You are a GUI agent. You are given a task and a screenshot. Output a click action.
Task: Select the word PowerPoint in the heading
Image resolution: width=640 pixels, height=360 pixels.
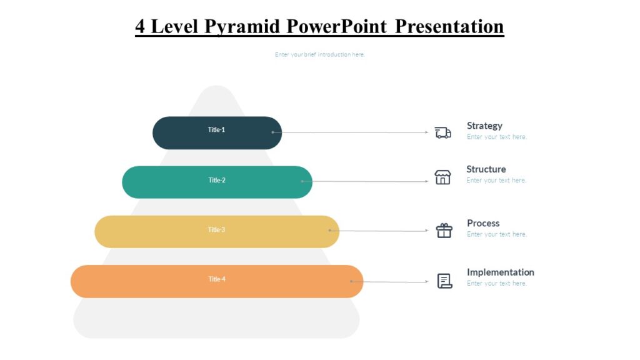coord(337,26)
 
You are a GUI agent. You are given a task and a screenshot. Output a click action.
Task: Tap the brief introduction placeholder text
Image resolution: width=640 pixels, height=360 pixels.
coord(319,54)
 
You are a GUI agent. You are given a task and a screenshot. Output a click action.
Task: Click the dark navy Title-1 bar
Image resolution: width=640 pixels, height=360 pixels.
coord(217,132)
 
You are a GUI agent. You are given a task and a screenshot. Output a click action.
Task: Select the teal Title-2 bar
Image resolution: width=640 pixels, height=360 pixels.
coord(217,182)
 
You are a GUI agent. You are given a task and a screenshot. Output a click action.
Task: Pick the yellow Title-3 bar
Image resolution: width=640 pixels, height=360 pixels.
coord(217,231)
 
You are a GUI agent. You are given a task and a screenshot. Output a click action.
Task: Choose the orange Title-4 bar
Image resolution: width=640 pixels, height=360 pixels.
coord(217,281)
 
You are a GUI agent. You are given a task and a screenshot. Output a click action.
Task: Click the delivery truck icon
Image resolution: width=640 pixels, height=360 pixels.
coord(443,132)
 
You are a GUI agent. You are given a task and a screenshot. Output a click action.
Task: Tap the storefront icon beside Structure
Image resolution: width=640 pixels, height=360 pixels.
coord(442,177)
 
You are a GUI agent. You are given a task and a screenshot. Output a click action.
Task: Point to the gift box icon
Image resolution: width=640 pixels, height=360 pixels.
coord(444,231)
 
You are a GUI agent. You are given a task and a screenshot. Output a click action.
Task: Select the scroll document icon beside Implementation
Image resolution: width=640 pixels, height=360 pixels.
coord(444,281)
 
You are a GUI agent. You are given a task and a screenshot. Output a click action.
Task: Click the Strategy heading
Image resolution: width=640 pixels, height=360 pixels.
coord(484,126)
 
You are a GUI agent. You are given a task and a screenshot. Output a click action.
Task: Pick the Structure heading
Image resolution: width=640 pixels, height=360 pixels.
coord(486,169)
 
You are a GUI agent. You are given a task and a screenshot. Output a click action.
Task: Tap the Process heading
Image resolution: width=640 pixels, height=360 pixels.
coord(483,223)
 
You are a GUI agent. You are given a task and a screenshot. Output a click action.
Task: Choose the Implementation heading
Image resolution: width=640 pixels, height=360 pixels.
coord(500,272)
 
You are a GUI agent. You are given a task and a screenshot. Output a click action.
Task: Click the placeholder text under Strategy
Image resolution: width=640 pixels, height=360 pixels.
coord(496,137)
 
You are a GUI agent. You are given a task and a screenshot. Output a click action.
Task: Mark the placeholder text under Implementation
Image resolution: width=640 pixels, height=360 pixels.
coord(496,283)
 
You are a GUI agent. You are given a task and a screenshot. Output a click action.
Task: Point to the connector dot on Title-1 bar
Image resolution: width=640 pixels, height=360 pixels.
coord(273,132)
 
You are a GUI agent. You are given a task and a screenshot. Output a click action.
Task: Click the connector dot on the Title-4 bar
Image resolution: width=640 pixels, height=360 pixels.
coord(351,281)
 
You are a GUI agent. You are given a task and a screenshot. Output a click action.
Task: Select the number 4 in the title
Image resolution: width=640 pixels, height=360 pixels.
coord(141,26)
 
